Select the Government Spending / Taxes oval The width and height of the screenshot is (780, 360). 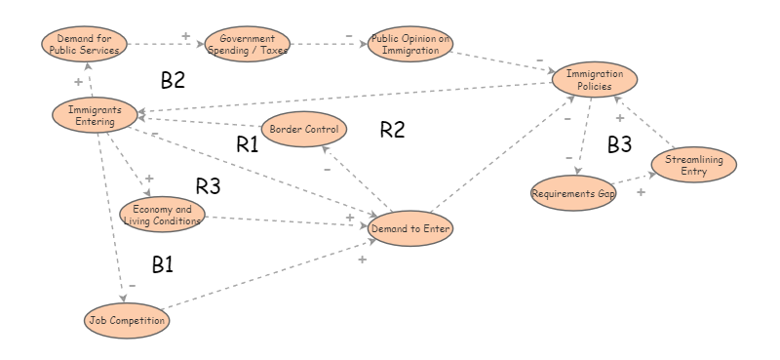(248, 44)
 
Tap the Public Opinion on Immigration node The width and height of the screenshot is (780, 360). (410, 44)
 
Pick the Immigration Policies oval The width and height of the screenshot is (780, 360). (594, 80)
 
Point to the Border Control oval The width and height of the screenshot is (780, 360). (304, 129)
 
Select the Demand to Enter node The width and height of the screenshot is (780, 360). (410, 228)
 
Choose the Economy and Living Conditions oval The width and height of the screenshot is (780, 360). (162, 214)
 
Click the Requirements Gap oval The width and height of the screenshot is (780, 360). (573, 193)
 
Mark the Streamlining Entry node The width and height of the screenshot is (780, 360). (693, 165)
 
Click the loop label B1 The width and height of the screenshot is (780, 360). (163, 263)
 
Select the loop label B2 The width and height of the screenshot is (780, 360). (173, 81)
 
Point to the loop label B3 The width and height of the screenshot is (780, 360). (619, 145)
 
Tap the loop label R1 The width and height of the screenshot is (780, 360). (248, 144)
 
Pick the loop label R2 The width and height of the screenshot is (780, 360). (392, 129)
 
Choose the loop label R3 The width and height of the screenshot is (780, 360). (208, 186)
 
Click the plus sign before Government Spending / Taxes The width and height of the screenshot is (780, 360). (185, 36)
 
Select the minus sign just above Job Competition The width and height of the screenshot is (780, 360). (132, 285)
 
